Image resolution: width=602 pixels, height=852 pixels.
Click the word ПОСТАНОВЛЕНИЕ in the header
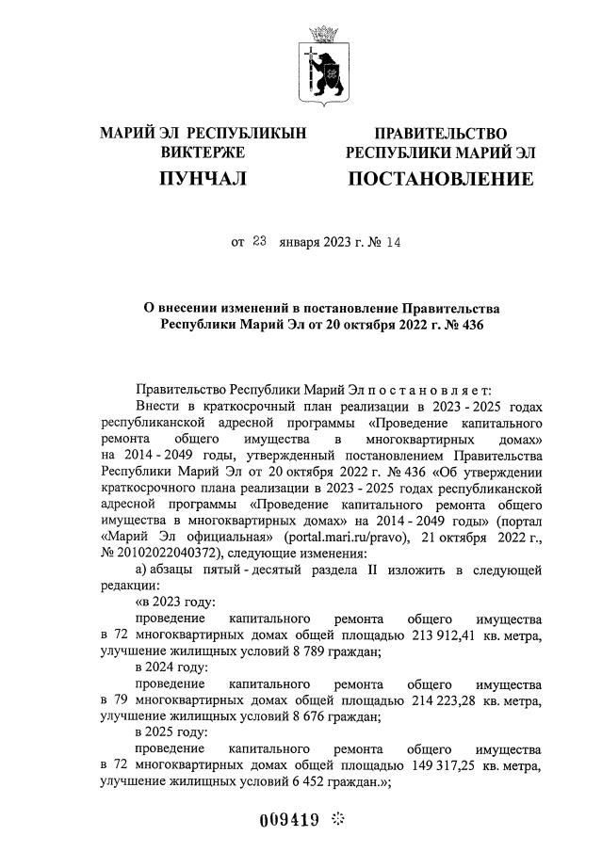[x=441, y=179]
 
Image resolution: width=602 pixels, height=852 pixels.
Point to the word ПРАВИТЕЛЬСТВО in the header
[x=441, y=134]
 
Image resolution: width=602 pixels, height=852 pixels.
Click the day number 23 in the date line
[x=261, y=242]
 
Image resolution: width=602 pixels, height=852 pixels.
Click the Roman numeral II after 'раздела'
[x=377, y=571]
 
